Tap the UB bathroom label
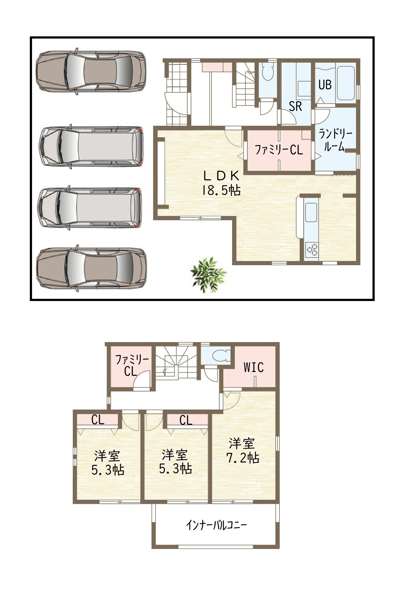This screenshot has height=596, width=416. (325, 85)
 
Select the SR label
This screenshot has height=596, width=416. (295, 106)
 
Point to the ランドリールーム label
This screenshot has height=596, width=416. (335, 141)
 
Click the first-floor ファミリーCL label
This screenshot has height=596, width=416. (279, 150)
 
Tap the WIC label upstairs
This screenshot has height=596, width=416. (254, 367)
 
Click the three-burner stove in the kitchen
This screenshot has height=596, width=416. (312, 249)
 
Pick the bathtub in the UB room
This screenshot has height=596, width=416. (346, 83)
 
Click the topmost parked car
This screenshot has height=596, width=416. (91, 71)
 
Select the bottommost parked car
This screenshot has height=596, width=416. (91, 269)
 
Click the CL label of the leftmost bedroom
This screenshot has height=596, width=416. (98, 420)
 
